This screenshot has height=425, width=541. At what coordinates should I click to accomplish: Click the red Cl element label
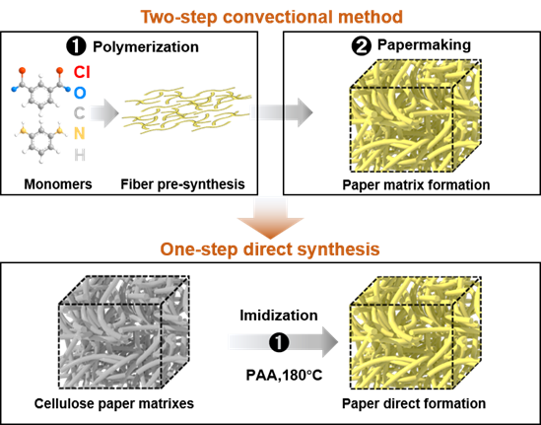click(x=82, y=73)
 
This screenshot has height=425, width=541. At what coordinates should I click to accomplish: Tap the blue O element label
click(x=80, y=93)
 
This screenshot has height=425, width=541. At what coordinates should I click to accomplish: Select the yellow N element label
click(x=80, y=133)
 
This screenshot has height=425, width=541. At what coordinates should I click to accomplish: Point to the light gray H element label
click(x=80, y=156)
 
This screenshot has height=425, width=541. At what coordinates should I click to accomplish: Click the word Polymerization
click(x=146, y=47)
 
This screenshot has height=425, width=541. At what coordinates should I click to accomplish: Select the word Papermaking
click(x=424, y=45)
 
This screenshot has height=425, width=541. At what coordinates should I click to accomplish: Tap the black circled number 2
click(x=362, y=46)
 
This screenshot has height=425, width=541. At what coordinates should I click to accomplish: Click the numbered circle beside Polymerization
click(x=76, y=46)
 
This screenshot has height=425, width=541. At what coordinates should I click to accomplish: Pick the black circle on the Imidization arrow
click(x=279, y=342)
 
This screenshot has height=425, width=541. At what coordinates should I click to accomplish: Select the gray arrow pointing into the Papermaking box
click(x=282, y=112)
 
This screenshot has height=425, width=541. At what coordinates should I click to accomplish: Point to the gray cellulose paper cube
click(x=124, y=332)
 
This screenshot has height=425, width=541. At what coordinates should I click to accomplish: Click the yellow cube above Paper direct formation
click(x=416, y=332)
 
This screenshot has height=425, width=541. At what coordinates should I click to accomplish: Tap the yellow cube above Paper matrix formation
click(x=416, y=115)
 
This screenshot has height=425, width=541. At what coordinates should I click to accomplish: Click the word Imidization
click(x=279, y=316)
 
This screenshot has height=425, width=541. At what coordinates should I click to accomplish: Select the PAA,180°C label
click(x=284, y=375)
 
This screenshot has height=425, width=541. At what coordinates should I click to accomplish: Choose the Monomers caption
click(x=58, y=184)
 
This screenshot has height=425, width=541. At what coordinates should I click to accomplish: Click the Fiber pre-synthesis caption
click(x=182, y=184)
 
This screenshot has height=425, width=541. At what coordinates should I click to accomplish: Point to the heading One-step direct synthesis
click(x=270, y=249)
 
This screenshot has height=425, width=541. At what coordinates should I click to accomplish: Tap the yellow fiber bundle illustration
click(x=187, y=110)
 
